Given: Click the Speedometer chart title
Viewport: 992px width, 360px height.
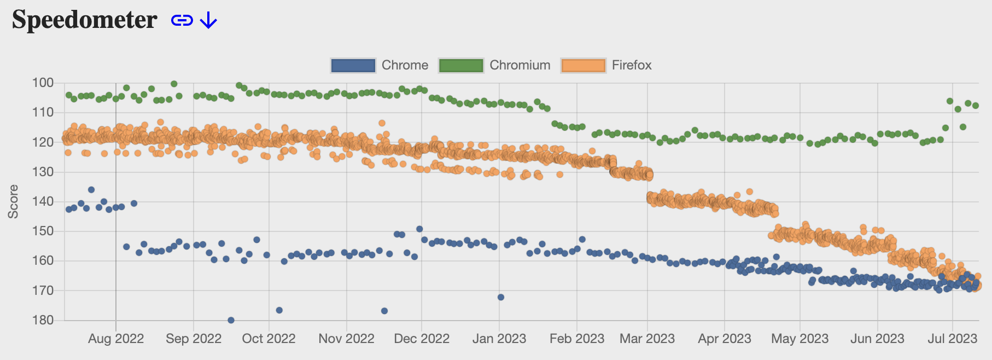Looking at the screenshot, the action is point(85,20).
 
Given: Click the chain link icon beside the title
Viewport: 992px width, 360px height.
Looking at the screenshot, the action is point(182,21).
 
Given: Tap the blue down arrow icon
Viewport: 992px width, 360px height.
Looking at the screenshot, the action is point(208,21).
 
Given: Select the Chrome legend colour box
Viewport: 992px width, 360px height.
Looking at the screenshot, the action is point(353,65).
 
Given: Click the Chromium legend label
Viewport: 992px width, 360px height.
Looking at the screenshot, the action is point(520,65).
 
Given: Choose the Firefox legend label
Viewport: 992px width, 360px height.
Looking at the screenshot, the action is point(632,65).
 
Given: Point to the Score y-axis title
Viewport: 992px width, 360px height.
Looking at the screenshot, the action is point(13,202).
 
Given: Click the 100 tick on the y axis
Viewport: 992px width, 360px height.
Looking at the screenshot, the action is point(43,83).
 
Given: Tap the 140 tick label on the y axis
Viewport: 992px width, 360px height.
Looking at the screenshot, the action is point(43,201).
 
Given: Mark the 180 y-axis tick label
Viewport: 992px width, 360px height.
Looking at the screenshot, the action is point(43,320).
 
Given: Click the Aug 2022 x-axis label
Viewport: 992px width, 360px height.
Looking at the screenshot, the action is point(116,339).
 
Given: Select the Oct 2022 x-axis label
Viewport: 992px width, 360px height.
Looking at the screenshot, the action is point(269,339).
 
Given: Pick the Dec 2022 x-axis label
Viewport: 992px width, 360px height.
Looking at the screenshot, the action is point(422,339).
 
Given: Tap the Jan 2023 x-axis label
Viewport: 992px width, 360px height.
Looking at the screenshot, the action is point(499,339).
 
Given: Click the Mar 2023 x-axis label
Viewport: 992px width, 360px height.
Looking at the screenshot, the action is point(647,339).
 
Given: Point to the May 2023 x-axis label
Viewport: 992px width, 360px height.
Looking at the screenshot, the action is point(800,339).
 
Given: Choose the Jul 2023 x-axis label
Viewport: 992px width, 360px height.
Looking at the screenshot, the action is point(952,339).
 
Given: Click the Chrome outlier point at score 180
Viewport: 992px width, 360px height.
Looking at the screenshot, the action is point(231,320).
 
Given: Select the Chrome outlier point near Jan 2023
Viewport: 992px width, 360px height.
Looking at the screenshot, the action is point(500,297).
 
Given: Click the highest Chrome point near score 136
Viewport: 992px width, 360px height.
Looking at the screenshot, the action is point(91,190).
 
